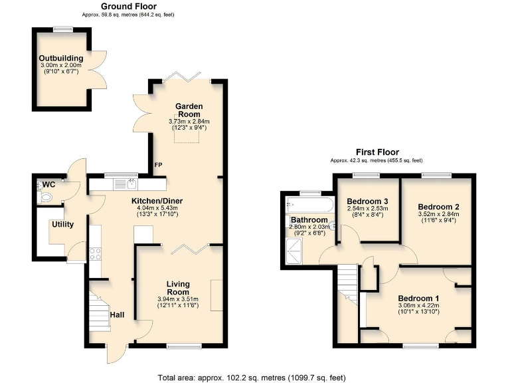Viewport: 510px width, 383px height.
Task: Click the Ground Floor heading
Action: [128, 6]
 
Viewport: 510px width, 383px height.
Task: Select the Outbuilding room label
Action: [59, 58]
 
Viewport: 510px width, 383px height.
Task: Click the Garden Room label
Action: [189, 110]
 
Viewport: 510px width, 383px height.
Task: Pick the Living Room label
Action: [178, 288]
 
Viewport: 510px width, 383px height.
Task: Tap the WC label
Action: [48, 184]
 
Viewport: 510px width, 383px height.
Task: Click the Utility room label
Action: [62, 224]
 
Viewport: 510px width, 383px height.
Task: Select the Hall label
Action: [117, 315]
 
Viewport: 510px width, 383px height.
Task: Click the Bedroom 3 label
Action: [367, 201]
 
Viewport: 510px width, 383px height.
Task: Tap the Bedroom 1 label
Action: [418, 298]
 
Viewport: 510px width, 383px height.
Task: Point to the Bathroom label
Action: [309, 220]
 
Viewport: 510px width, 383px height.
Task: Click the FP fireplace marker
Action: [158, 164]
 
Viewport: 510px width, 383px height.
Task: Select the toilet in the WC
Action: [45, 197]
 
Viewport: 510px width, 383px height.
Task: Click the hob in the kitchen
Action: [94, 253]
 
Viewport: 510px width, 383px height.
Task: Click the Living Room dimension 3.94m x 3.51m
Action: [178, 298]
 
